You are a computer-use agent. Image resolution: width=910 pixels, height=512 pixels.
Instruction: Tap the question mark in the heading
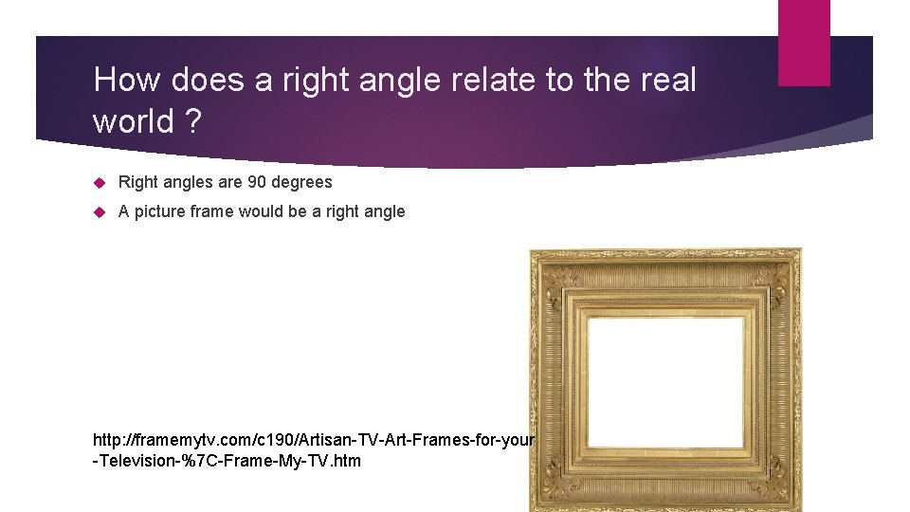point(193,122)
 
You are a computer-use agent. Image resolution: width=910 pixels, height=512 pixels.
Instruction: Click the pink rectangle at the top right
point(804,42)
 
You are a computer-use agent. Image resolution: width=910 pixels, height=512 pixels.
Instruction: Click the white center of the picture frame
point(665,370)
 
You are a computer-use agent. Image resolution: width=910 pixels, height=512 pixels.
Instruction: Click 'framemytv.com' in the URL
point(182,441)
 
